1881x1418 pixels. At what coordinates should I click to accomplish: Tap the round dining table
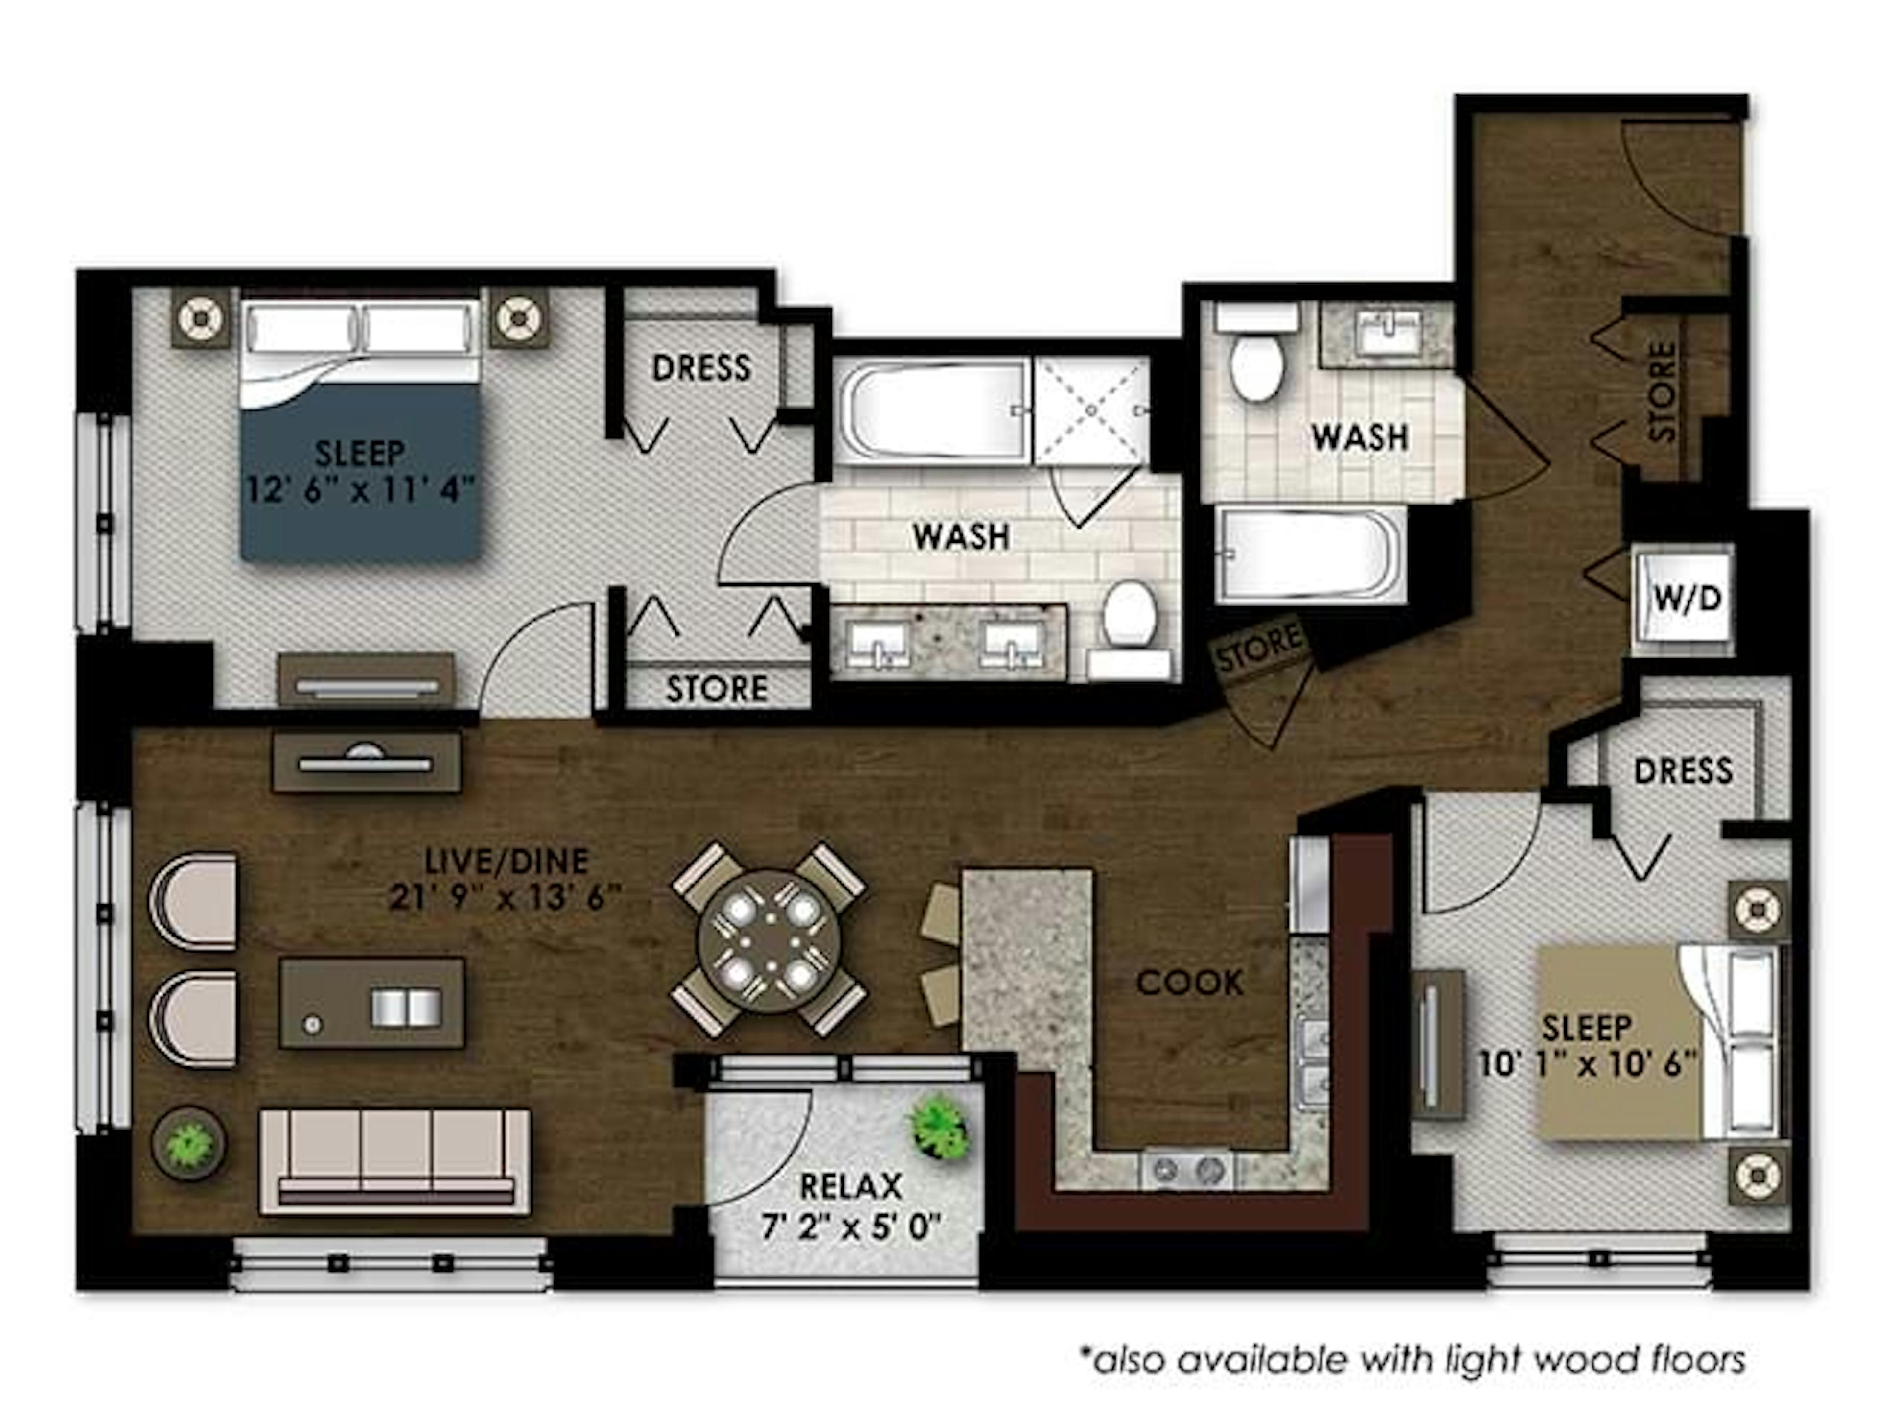tap(769, 940)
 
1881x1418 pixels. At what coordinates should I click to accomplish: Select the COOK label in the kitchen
tap(1190, 983)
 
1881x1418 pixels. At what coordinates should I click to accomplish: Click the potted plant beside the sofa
tap(188, 1143)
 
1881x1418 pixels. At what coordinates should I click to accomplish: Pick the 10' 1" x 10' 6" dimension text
tap(1587, 1063)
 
